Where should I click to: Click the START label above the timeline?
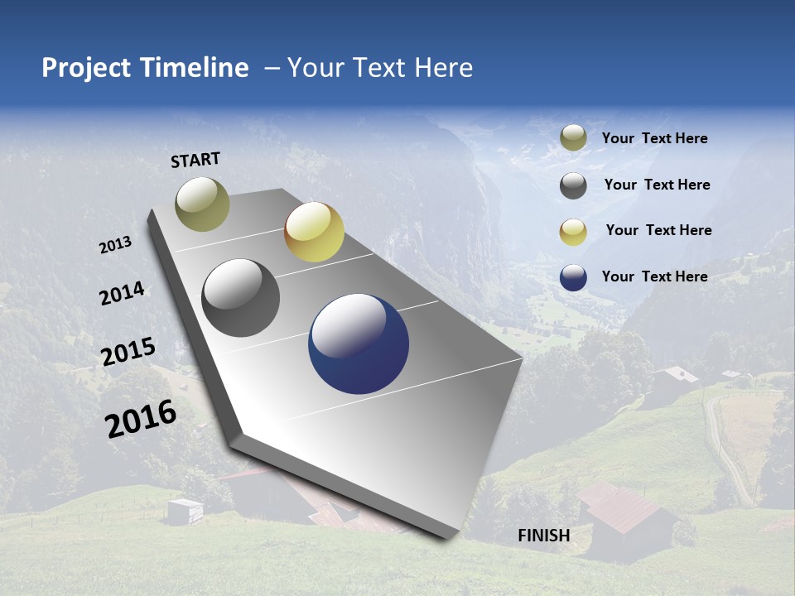tap(195, 160)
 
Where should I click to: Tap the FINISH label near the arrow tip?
tap(544, 536)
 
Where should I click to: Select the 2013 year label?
tap(116, 245)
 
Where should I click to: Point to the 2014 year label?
tap(123, 294)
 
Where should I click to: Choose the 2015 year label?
tap(128, 353)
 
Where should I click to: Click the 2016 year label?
tap(141, 419)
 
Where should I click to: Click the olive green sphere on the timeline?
tap(202, 204)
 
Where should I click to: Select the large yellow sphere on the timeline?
tap(314, 232)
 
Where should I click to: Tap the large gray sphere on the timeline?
tap(241, 298)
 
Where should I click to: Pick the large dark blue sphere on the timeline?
tap(359, 344)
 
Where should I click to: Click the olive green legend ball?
tap(573, 138)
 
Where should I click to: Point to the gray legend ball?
tap(573, 185)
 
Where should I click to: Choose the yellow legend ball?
tap(573, 231)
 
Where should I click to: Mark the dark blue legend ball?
tap(573, 277)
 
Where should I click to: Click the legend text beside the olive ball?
tap(655, 139)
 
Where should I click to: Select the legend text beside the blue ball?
tap(655, 276)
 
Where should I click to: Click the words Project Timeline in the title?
tap(145, 68)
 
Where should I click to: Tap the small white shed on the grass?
tap(185, 511)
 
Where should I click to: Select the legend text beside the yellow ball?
tap(658, 230)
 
